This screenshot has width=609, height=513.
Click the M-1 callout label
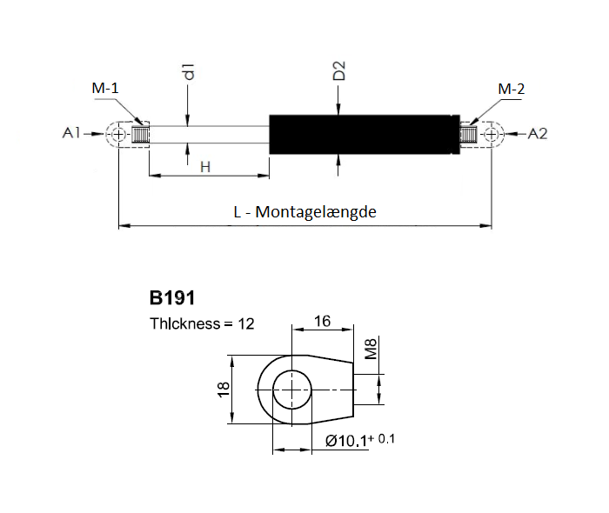coord(105,88)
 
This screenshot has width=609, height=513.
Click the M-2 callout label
coord(512,90)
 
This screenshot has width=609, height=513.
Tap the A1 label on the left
coord(72,133)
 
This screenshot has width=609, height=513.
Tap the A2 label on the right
coord(538,134)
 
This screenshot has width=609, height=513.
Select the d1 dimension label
coord(189,72)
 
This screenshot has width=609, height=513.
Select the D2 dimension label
coord(339,70)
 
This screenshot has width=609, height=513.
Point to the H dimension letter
coord(205,167)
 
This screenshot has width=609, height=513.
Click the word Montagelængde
coord(316,212)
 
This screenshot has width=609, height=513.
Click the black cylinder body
coord(365,134)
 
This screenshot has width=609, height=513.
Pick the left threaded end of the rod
coord(140,134)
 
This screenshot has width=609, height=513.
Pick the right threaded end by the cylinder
coord(468,134)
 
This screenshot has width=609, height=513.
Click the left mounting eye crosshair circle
coord(119,134)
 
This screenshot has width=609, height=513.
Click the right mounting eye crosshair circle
coord(492,134)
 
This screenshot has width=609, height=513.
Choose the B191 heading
coord(172,298)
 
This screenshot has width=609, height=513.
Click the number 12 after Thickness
coord(246,323)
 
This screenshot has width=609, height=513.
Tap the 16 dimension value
coord(323,322)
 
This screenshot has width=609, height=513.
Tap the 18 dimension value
coord(224,390)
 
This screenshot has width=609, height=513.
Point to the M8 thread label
coord(371,349)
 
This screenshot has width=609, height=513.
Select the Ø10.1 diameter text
coord(346,441)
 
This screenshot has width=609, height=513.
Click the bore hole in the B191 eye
coord(292,390)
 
